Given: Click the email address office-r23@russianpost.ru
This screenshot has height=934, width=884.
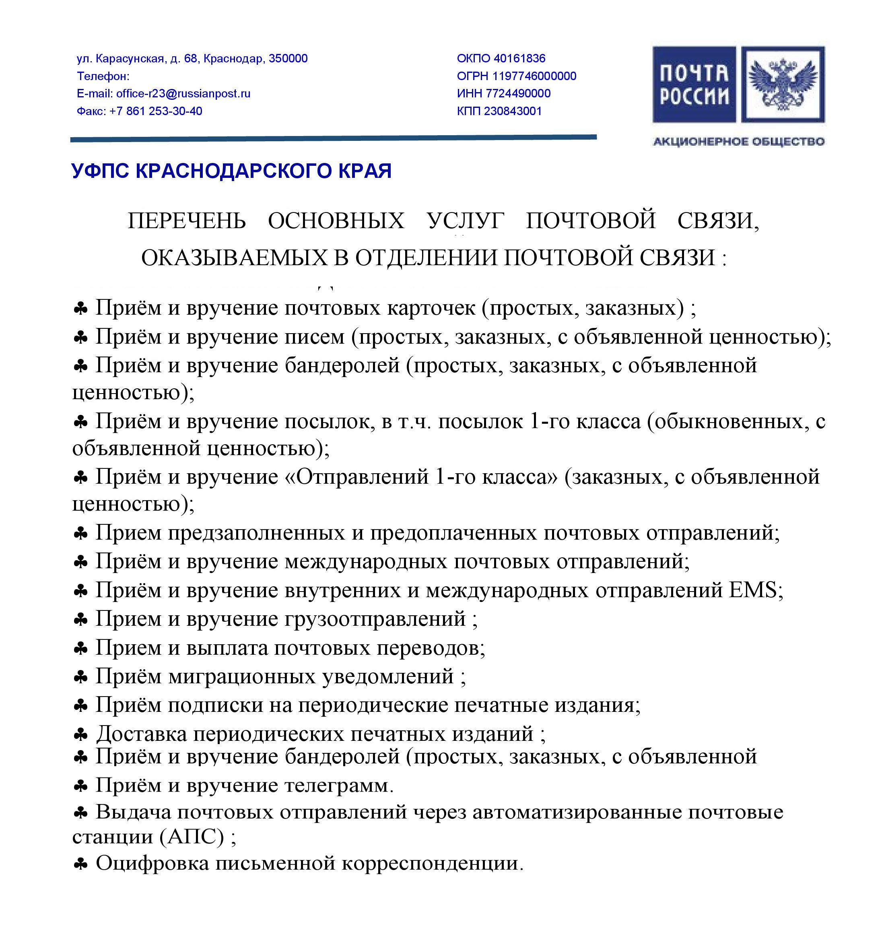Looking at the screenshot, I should (x=183, y=93).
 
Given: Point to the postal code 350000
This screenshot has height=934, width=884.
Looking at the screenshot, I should (x=288, y=58).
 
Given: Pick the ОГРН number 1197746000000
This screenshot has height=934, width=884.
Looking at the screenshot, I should (x=534, y=76).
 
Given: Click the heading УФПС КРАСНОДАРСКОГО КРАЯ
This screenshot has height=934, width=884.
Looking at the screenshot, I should (x=231, y=171).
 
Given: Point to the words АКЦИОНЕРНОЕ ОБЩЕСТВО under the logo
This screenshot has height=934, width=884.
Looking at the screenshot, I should (x=738, y=141).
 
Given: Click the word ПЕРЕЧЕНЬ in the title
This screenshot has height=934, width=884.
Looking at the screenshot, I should (x=187, y=220).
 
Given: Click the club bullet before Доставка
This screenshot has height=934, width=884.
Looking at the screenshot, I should (x=81, y=734).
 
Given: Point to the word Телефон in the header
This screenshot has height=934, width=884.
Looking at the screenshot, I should (x=102, y=76).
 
